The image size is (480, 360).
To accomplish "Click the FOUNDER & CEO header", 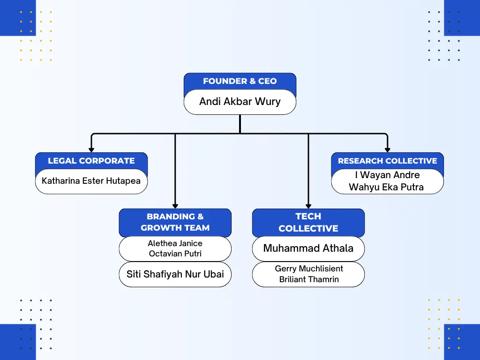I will (x=240, y=81).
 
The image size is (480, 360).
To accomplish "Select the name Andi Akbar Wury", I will (x=240, y=102).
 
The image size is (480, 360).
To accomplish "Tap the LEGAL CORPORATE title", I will (x=91, y=161).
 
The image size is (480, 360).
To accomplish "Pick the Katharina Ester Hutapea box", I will (x=91, y=181).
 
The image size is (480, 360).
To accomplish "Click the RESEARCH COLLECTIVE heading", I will (x=387, y=161).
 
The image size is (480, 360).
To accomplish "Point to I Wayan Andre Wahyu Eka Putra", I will (x=387, y=181).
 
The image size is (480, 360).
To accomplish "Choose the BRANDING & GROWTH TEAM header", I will (x=175, y=222).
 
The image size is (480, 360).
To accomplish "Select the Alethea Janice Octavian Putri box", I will (x=175, y=248).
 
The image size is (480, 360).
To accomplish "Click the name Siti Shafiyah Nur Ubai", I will (x=175, y=274).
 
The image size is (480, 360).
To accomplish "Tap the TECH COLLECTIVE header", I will (x=308, y=222).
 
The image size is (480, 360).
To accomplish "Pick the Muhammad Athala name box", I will (x=308, y=248).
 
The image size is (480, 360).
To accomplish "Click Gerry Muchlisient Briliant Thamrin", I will (x=308, y=274).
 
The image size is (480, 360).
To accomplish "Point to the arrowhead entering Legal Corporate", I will (x=91, y=150).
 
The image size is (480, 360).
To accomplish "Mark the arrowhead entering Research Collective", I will (x=387, y=150).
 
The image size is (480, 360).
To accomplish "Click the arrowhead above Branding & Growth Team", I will (x=175, y=205).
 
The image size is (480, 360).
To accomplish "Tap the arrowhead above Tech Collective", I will (x=308, y=205).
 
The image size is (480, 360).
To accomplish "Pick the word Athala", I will (x=337, y=248).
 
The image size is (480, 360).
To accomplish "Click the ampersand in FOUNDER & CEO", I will (x=252, y=81).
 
